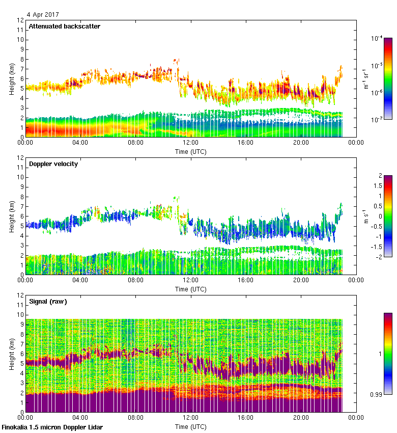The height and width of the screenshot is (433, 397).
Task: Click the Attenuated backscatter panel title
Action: pos(64,26)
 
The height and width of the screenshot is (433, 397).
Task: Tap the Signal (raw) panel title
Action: pos(48,302)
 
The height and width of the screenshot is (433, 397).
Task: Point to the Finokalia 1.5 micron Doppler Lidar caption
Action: pos(52,427)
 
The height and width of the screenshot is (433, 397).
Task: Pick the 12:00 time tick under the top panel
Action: pos(190,143)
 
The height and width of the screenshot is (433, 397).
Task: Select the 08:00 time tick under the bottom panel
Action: pos(135,418)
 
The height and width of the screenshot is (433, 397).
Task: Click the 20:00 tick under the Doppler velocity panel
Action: pos(301,281)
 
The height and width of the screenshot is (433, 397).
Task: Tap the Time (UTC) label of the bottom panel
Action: pos(191,426)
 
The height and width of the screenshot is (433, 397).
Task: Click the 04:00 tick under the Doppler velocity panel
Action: pos(80,281)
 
